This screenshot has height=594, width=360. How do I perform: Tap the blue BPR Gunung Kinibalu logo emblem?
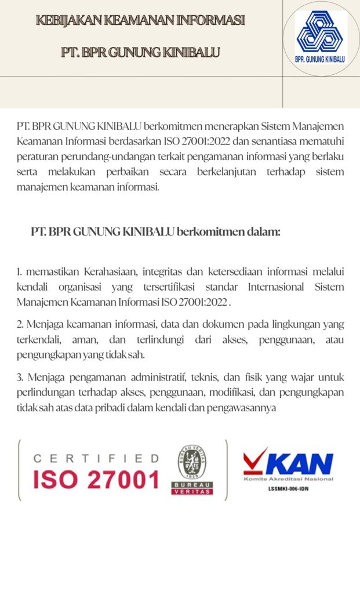coord(319,34)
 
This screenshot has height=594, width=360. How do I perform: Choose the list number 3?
coord(20,378)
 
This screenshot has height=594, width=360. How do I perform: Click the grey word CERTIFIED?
coord(96,458)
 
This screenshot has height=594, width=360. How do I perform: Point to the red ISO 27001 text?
coord(96,480)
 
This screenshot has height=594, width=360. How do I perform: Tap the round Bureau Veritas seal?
coord(192,462)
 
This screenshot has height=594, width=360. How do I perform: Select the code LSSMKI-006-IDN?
coord(288,488)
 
